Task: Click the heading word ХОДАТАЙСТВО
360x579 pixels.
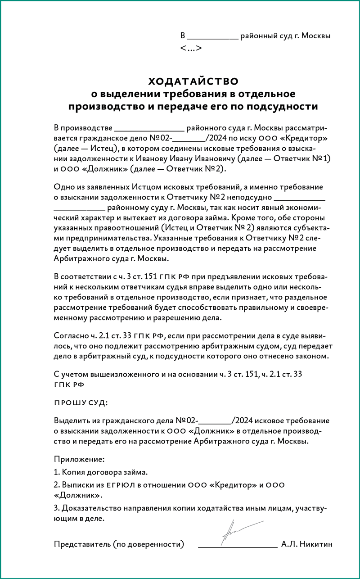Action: pos(193,81)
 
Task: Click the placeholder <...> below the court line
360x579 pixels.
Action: pos(190,48)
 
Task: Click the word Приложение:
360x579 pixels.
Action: pos(79,460)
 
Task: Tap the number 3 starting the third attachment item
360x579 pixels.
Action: pos(56,508)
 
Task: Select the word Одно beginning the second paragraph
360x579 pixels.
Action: pos(63,186)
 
